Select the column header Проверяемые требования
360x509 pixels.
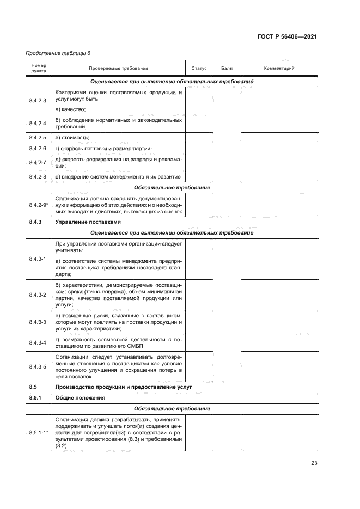tap(118, 69)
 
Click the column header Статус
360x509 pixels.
tap(199, 69)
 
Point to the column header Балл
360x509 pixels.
tap(227, 69)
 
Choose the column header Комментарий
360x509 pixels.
tap(279, 69)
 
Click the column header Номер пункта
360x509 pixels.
tap(39, 69)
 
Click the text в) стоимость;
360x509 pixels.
tap(72, 137)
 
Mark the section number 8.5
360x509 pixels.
tap(33, 387)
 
